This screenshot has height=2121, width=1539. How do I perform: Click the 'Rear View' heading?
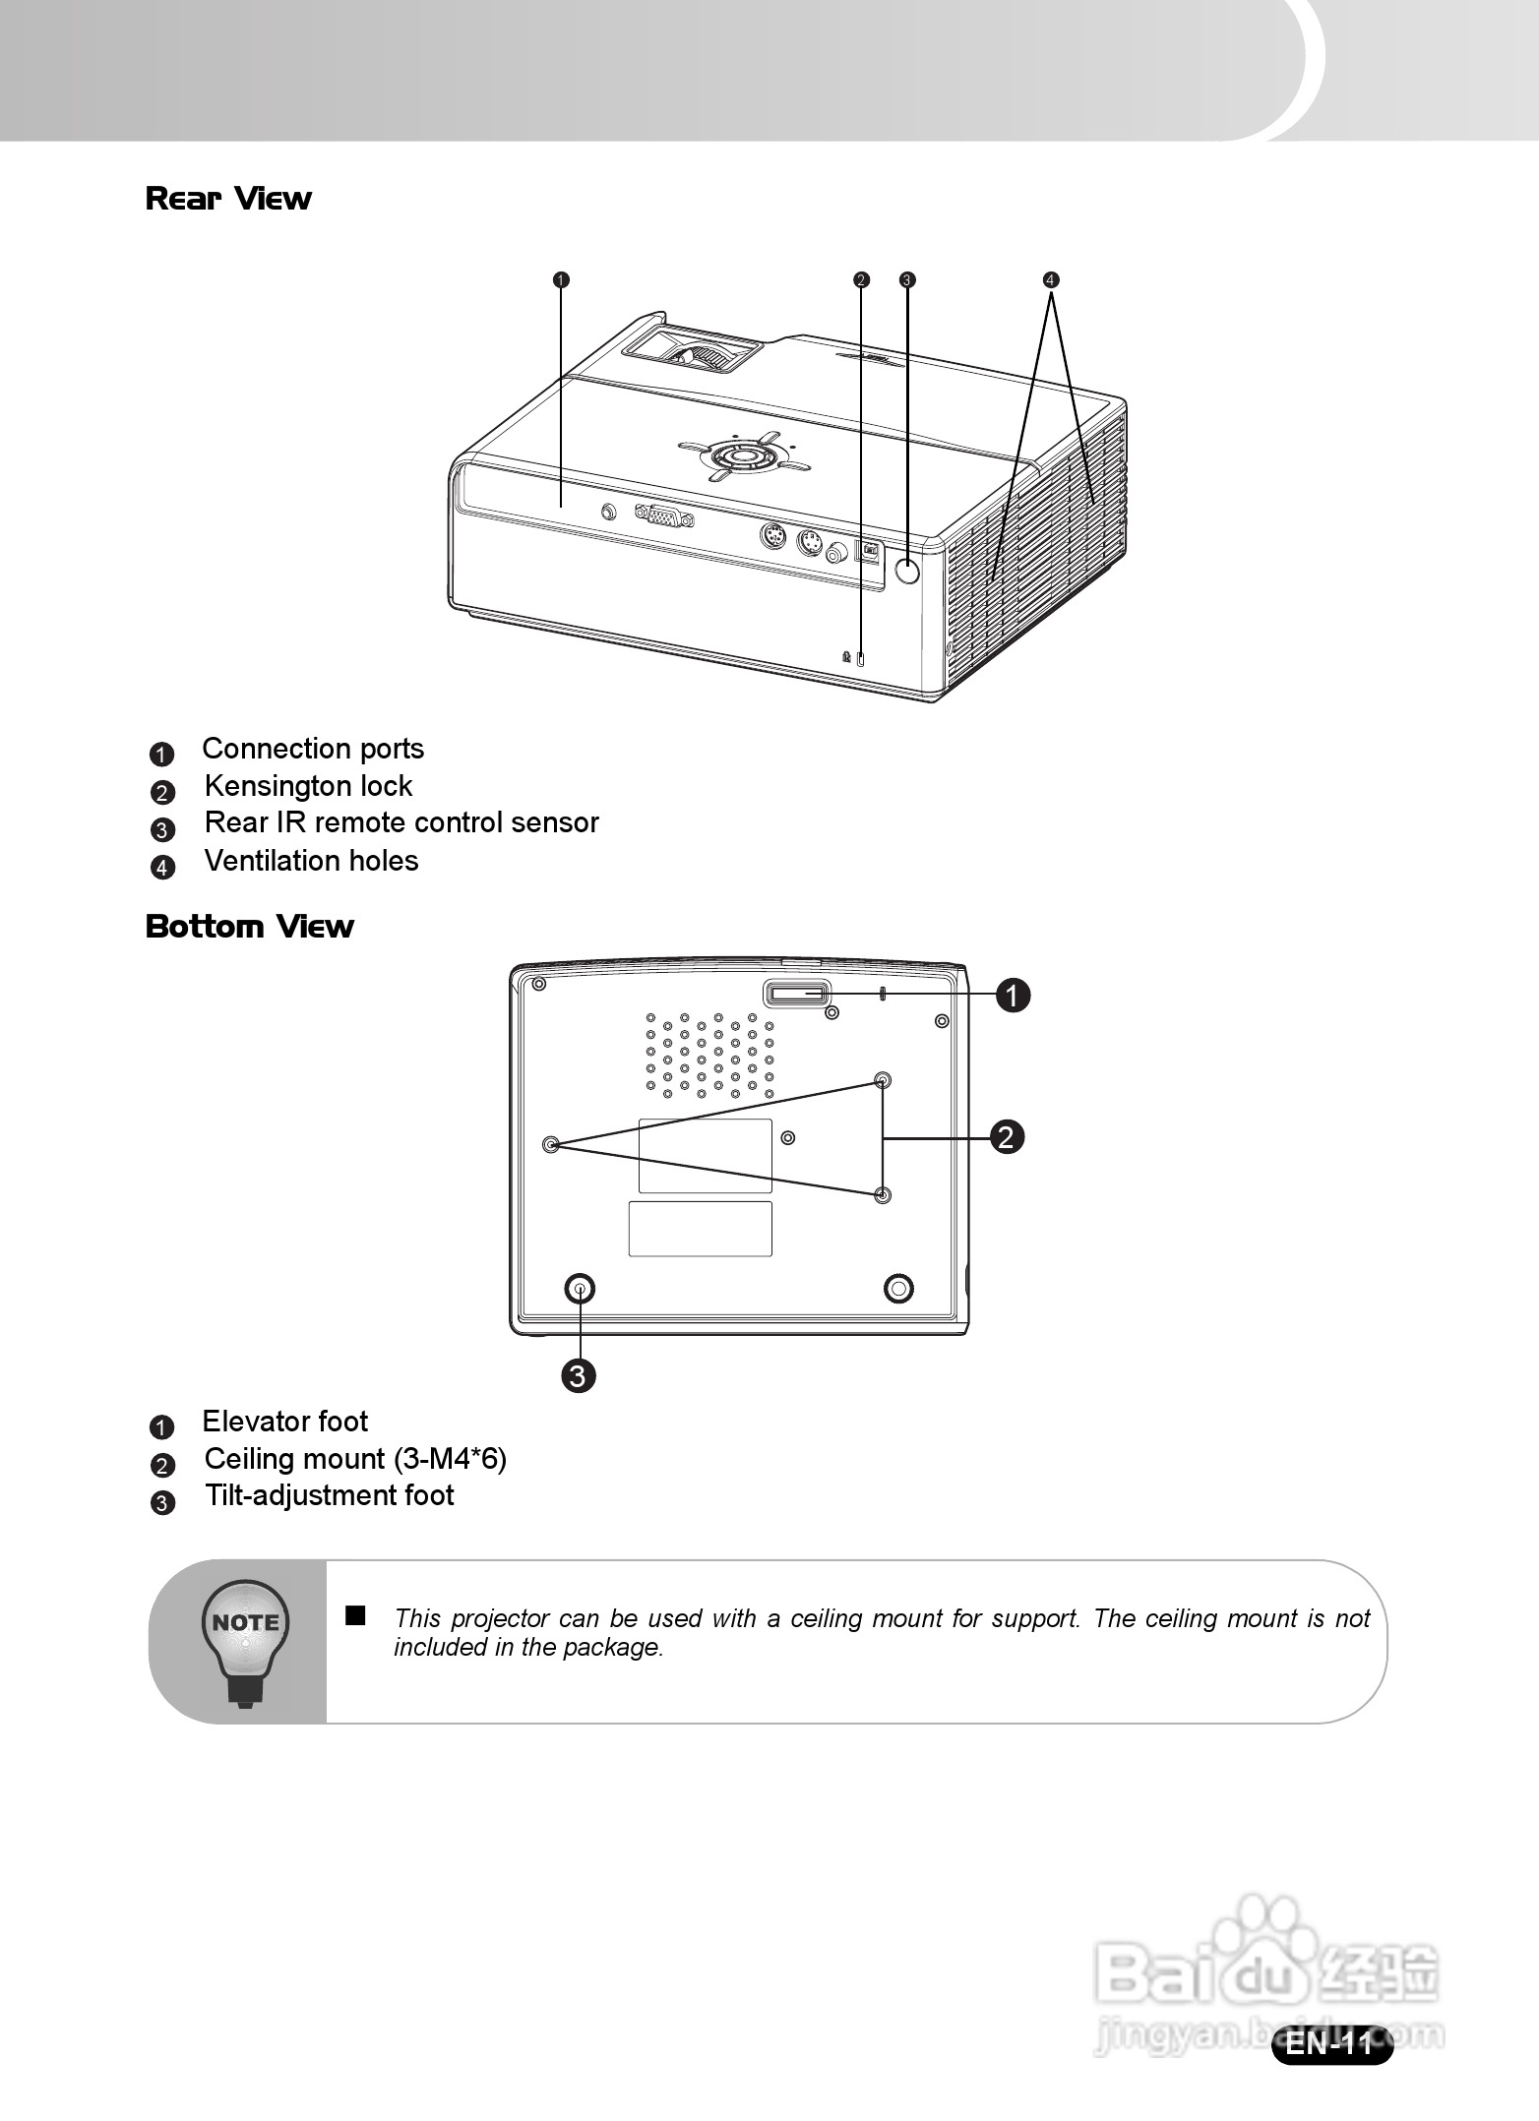coord(228,199)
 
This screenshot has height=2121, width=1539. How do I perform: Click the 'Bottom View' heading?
coord(249,927)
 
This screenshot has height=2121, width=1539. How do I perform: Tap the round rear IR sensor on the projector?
coord(907,570)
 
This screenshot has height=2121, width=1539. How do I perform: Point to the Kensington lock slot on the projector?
coord(861,659)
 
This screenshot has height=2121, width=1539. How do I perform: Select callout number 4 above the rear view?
coord(1051,279)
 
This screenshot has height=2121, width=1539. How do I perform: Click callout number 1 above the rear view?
coord(560,279)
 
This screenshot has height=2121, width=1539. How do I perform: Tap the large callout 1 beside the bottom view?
coord(1013,995)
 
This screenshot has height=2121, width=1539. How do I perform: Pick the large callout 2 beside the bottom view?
coord(1006,1137)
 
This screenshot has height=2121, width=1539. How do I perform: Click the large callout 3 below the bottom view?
coord(579,1375)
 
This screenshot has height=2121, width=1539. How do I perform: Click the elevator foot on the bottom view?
coord(798,995)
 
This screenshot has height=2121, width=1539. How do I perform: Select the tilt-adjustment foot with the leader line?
coord(580,1289)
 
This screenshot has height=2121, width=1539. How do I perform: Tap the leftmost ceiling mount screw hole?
coord(551,1144)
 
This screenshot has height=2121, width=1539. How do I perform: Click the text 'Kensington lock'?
coord(308,786)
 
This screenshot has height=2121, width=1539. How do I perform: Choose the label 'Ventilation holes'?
coord(311,861)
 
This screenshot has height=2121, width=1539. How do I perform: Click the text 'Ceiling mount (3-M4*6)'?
coord(355,1459)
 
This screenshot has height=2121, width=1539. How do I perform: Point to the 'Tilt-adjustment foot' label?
coord(329,1496)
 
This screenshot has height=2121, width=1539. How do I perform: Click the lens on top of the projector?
coord(701,354)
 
